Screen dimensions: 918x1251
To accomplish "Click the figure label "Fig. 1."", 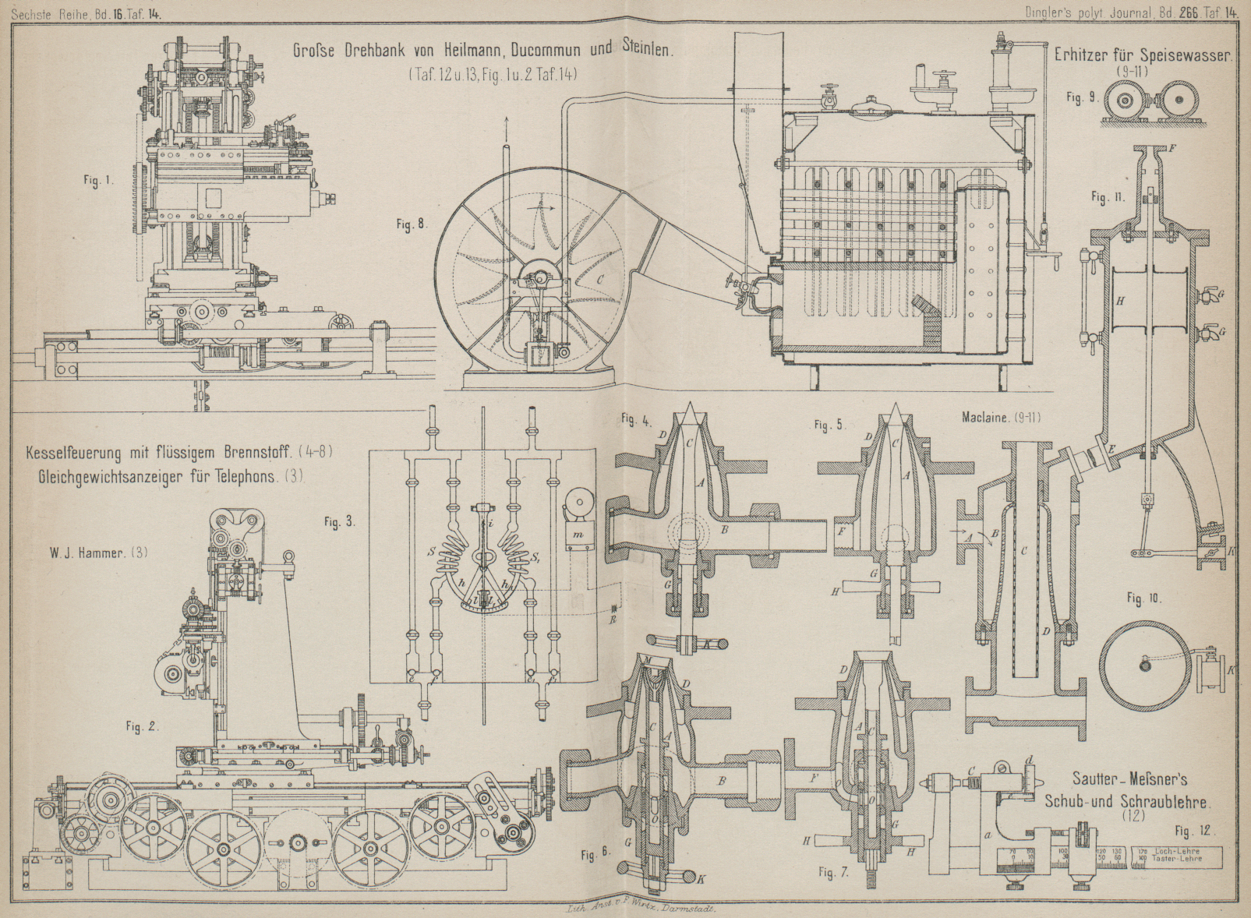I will tap(99, 180).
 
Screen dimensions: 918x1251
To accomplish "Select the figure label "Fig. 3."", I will tap(340, 522).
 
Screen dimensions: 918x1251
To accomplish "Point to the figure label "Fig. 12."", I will tap(1195, 831).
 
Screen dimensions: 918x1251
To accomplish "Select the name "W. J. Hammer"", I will tap(88, 553).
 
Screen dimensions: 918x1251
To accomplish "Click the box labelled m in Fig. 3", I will tap(578, 533).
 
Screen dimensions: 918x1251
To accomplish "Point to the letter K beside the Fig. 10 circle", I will tap(1229, 669).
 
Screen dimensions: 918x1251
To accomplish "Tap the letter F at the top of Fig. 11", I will tap(1173, 147).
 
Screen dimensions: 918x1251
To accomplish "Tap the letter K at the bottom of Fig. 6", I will tap(700, 879).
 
